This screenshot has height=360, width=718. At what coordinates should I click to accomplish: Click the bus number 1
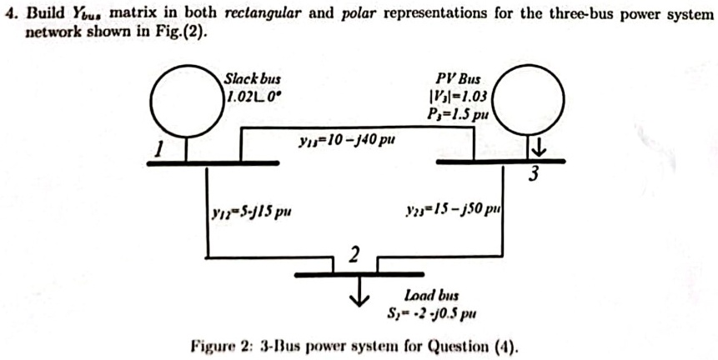[x=155, y=147]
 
